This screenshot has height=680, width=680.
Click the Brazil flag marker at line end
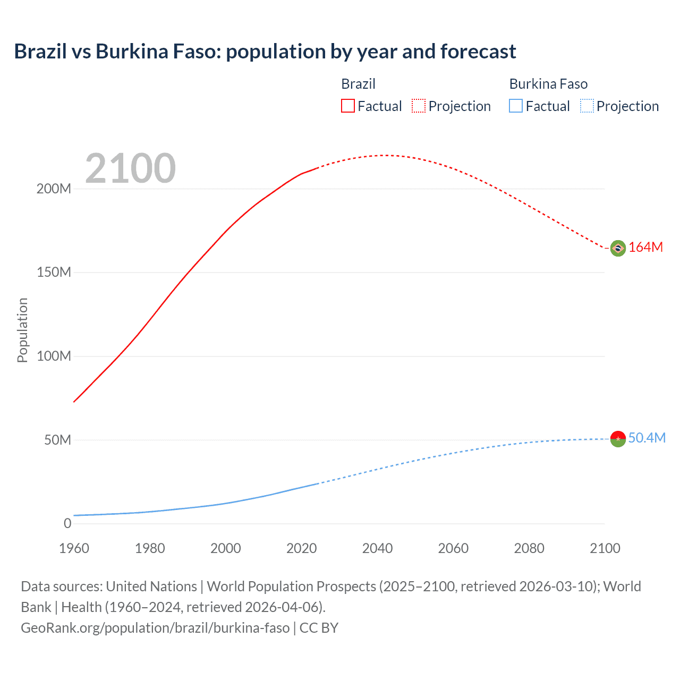coord(618,248)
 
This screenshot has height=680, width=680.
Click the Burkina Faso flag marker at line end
coord(618,439)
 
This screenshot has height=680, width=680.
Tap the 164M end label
coord(645,248)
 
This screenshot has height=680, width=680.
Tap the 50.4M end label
coord(647,438)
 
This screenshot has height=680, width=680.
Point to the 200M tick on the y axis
coord(54,189)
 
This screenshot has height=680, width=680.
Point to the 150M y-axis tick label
coord(54,273)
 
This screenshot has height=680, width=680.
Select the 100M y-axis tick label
coord(54,356)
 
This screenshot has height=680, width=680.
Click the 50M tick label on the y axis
coord(57,440)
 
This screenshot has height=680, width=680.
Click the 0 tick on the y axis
coord(67,524)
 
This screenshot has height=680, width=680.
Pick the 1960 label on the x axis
coord(74,548)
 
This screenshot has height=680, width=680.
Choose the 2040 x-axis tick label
coord(377,548)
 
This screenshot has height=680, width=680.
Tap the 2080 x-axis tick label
coord(529,548)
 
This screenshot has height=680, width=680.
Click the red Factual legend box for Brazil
coord(348,106)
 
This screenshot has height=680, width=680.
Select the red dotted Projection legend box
coord(419,106)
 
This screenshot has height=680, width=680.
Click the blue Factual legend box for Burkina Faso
coord(516,106)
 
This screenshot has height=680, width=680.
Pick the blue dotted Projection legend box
coord(587,106)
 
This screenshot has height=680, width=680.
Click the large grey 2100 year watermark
coord(130,168)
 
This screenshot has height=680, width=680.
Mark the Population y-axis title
coord(22,330)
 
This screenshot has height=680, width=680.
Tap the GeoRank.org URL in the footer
coord(155,628)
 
